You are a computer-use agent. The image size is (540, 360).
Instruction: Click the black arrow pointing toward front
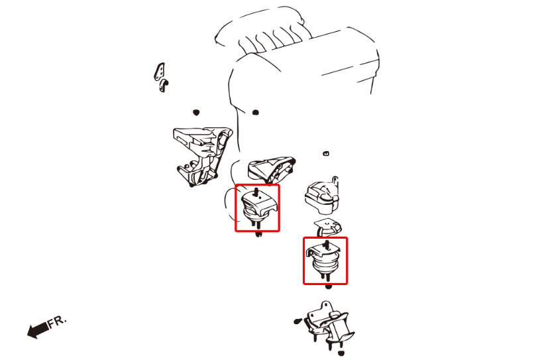point(37,330)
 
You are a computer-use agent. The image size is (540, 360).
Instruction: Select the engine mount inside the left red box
point(258,208)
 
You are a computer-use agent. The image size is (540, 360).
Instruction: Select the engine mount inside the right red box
point(325,261)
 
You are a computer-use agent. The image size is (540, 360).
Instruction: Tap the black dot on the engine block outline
point(256,111)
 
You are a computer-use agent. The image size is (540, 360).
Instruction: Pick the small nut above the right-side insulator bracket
point(326,154)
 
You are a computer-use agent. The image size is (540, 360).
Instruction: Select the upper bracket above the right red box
point(323,193)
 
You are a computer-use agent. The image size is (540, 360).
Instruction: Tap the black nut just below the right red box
point(329,286)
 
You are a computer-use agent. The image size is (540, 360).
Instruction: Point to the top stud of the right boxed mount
point(327,246)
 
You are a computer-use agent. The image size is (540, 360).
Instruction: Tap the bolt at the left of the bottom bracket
point(297,322)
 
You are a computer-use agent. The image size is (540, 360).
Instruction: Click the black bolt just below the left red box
point(258,235)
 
